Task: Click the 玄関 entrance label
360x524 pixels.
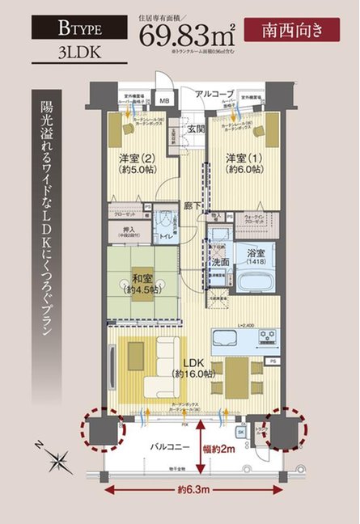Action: tap(197, 129)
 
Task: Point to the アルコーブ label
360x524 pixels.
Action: tap(216, 95)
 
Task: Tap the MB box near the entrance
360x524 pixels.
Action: tap(164, 102)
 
